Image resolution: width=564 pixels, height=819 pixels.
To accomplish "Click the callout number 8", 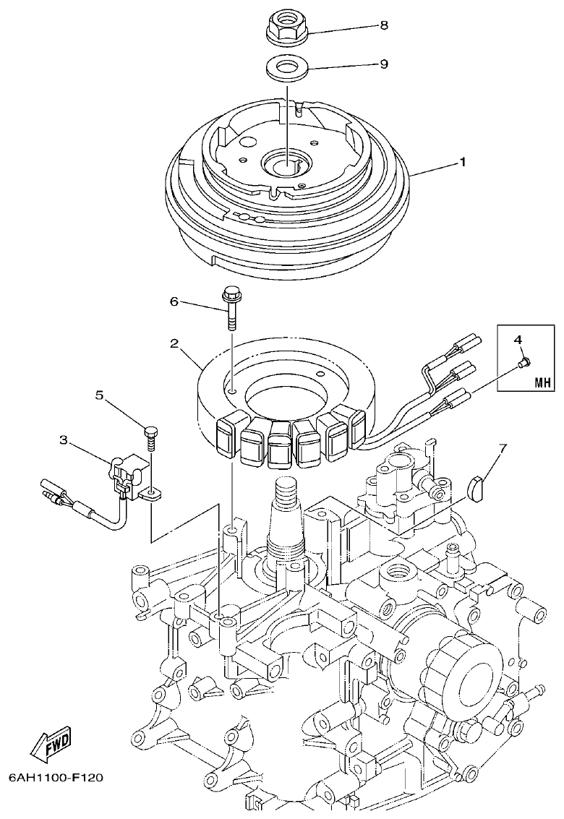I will click(x=383, y=25).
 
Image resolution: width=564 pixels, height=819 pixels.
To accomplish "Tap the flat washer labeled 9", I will click(x=287, y=71).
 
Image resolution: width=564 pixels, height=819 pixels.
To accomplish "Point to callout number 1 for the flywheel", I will click(x=462, y=163).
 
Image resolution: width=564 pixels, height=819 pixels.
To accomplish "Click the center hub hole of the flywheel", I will click(x=287, y=163).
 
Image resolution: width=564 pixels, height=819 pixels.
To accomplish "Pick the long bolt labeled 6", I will click(x=231, y=306).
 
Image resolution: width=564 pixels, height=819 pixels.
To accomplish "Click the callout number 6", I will click(x=174, y=301).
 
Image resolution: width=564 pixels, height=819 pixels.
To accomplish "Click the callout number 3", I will click(x=64, y=439).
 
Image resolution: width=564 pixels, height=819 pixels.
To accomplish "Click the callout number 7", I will click(x=503, y=447).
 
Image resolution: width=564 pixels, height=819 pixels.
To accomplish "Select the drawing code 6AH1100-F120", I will click(x=56, y=779).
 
